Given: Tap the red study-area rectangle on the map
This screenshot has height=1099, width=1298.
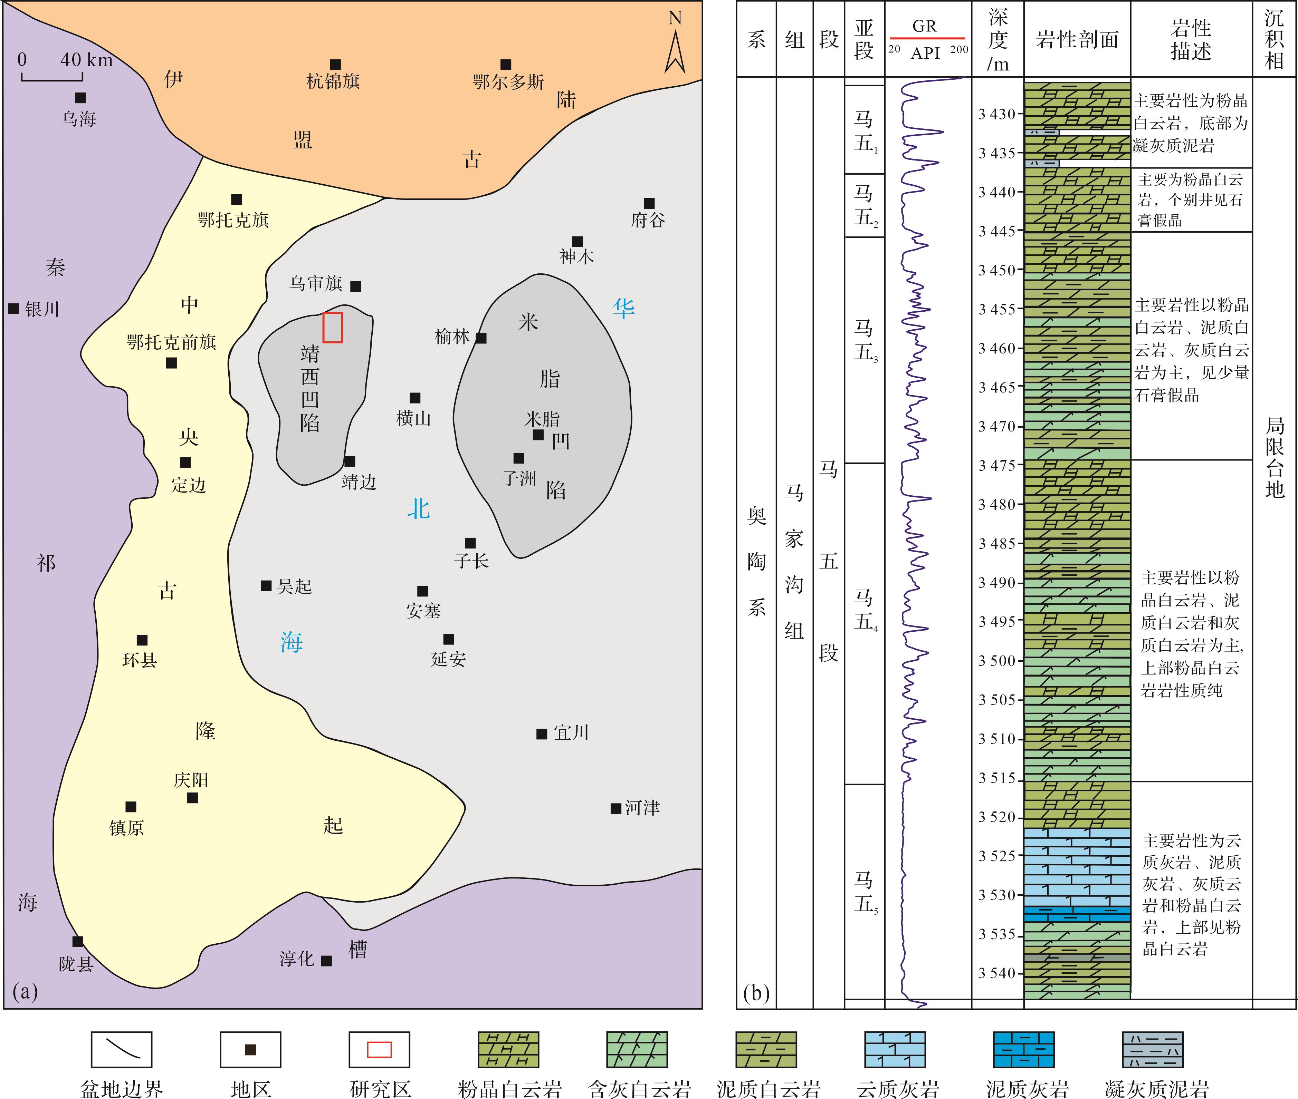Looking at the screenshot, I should (x=332, y=327).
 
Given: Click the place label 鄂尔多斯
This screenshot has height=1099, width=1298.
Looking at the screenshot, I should (x=508, y=81).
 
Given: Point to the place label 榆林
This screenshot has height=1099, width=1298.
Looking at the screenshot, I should (x=452, y=337).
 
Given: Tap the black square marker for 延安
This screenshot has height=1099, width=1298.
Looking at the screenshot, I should (x=448, y=639).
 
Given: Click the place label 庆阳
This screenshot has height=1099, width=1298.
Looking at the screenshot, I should (x=191, y=780).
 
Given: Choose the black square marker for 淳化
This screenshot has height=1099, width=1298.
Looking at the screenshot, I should (x=326, y=961).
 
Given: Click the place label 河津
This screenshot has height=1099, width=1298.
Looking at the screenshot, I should (x=642, y=808).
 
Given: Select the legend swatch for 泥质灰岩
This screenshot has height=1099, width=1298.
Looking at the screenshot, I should (x=1023, y=1049).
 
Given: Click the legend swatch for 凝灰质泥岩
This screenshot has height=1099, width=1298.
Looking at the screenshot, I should (x=1152, y=1049).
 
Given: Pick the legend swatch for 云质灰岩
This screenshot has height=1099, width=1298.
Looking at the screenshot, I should (x=895, y=1049).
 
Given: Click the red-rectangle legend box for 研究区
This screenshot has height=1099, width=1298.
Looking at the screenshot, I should (x=379, y=1049).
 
